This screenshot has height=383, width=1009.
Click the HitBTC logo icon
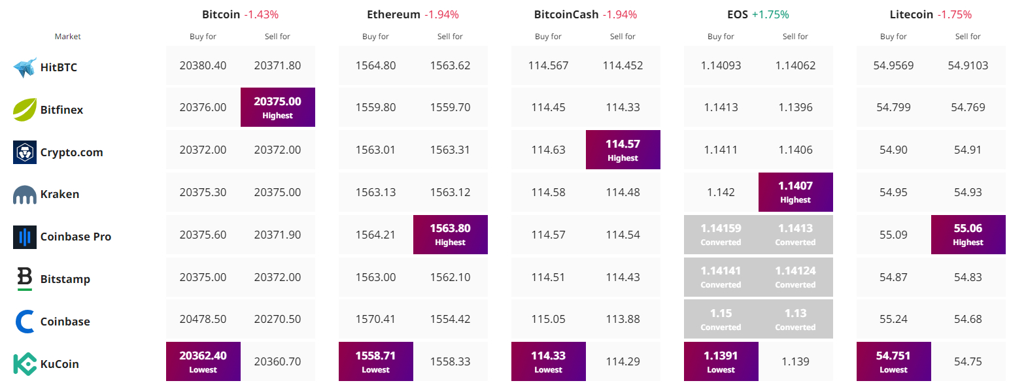[x=25, y=67]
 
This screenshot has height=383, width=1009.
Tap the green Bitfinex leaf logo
[x=25, y=109]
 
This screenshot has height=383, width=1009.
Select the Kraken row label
[x=60, y=194]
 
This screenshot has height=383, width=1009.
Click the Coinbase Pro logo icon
[x=25, y=237]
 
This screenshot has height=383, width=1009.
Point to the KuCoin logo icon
[x=25, y=363]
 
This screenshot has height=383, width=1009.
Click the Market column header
[x=67, y=37]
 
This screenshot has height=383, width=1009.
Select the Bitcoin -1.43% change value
[x=262, y=14]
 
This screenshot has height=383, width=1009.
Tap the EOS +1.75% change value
[x=770, y=14]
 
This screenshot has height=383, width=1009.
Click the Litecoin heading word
[x=912, y=14]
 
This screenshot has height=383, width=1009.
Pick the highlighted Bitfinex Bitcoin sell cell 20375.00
[x=277, y=107]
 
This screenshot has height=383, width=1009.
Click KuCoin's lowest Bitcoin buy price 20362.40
[x=203, y=361]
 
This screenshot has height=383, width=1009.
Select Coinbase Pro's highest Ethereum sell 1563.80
[x=451, y=235]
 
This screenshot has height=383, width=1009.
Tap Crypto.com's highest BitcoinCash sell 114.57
[x=623, y=150]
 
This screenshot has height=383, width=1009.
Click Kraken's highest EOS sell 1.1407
[x=795, y=192]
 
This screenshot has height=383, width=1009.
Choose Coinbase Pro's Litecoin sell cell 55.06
[x=968, y=235]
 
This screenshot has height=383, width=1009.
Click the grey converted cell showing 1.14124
[x=795, y=276]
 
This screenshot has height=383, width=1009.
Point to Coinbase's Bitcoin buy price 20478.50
[x=203, y=319]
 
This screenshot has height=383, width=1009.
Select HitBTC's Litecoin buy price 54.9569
[x=893, y=66]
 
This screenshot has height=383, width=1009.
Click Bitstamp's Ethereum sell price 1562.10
[x=450, y=277]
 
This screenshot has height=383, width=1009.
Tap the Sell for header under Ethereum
[x=450, y=37]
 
